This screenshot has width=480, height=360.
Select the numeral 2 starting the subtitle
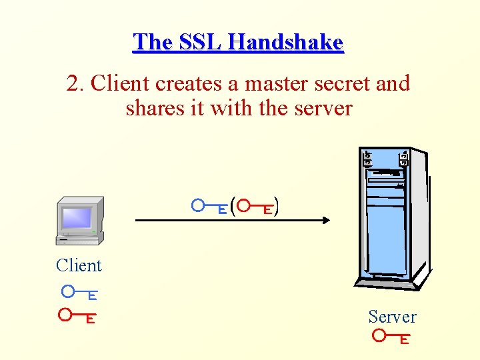(x=73, y=84)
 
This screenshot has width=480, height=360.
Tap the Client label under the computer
(x=79, y=265)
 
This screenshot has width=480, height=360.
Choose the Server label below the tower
(x=392, y=317)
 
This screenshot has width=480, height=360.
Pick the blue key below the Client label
(x=79, y=293)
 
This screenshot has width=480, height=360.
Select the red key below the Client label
(x=76, y=315)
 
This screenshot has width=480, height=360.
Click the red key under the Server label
(x=391, y=337)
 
